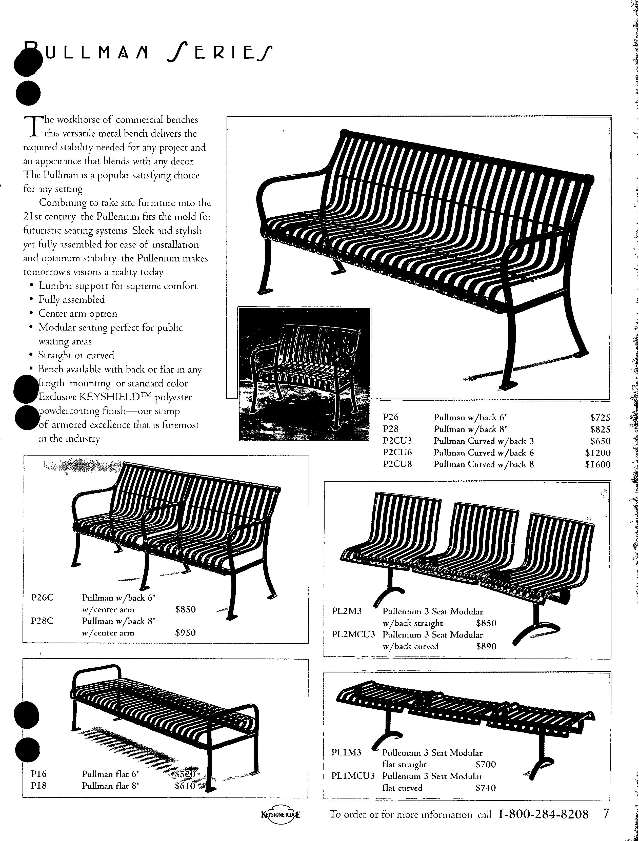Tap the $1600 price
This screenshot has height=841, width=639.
point(597,465)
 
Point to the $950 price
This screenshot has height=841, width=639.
point(185,633)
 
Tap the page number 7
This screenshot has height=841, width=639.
point(606,814)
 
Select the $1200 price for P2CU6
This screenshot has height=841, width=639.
point(597,453)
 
